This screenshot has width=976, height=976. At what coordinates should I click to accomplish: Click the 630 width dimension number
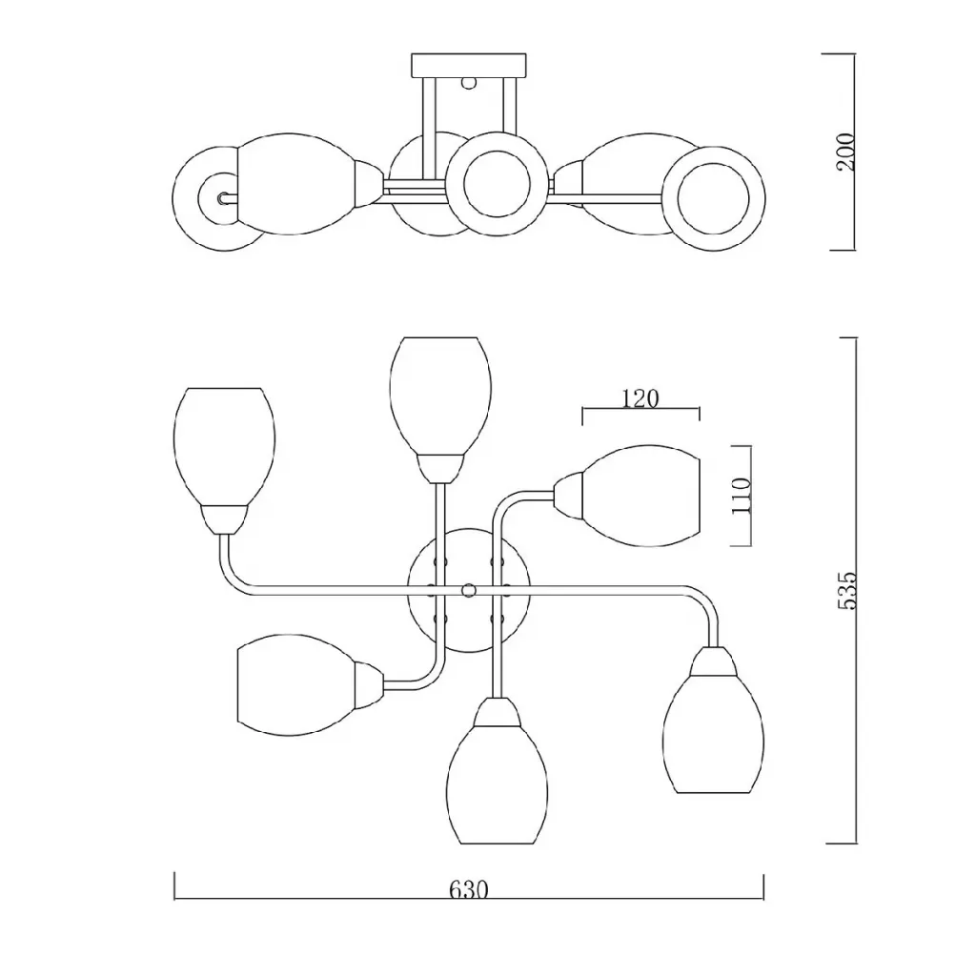click(x=469, y=889)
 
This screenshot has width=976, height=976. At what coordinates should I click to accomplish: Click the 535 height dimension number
click(x=847, y=590)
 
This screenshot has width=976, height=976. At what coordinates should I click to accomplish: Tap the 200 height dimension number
click(x=846, y=152)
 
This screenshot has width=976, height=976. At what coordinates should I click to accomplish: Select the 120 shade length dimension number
click(x=640, y=398)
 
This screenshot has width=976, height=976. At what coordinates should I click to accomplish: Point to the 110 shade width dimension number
click(x=742, y=496)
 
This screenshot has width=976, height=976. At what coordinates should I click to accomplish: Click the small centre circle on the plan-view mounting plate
click(x=468, y=589)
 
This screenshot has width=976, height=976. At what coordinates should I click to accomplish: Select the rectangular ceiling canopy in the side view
click(x=469, y=66)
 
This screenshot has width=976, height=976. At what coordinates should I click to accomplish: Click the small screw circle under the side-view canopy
click(x=469, y=82)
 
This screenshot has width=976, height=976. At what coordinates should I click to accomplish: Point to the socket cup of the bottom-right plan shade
click(x=713, y=661)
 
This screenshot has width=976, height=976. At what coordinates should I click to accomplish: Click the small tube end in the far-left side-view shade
click(x=222, y=199)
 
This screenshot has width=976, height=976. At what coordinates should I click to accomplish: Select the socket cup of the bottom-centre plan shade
click(x=498, y=711)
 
